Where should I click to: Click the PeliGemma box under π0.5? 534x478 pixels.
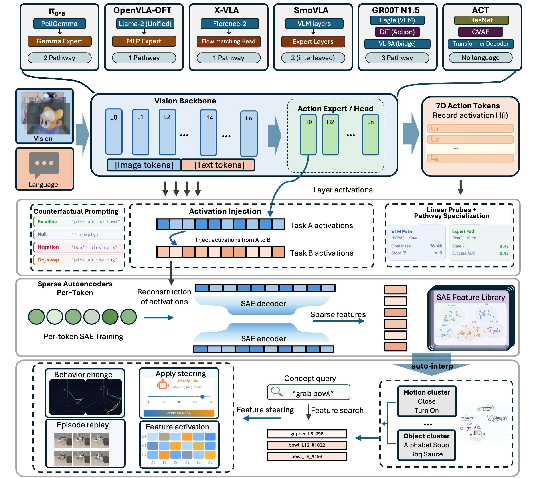[59, 24]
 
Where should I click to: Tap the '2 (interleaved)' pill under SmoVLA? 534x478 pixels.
[313, 58]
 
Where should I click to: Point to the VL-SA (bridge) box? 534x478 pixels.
[397, 43]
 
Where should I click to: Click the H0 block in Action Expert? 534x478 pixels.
[308, 134]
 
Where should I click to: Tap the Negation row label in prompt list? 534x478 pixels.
[48, 247]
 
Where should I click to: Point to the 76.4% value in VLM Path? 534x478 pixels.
[435, 246]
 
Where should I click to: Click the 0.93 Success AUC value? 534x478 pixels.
[504, 253]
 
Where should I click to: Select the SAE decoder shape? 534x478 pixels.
[263, 304]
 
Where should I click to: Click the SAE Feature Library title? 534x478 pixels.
[471, 297]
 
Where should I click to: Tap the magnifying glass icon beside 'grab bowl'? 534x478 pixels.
[276, 391]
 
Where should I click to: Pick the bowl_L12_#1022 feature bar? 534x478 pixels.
[307, 445]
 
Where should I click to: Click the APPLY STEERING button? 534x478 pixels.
[179, 413]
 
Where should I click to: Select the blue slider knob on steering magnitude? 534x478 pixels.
[202, 397]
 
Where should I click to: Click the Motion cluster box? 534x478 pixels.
[426, 401]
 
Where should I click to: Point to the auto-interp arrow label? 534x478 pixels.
[432, 366]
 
